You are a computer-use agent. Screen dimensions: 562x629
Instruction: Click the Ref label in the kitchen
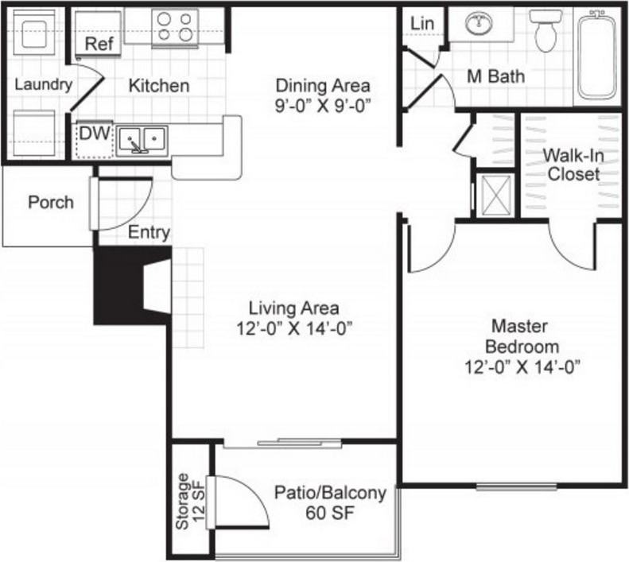(99, 45)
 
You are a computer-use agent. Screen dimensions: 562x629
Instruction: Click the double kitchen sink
(142, 141)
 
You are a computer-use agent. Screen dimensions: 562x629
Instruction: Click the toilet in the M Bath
(546, 30)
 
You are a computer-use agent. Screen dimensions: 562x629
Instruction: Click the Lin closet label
(422, 24)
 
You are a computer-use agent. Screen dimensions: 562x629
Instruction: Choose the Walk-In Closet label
(573, 165)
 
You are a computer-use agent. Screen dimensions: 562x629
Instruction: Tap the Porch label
(51, 202)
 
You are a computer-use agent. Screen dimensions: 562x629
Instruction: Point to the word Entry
(149, 232)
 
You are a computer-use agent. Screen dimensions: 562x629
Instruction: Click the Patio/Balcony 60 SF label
(330, 502)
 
